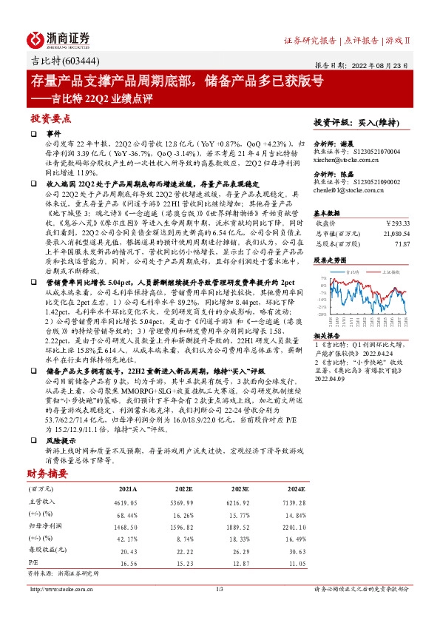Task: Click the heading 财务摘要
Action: click(46, 452)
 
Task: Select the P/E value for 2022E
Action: click(184, 542)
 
